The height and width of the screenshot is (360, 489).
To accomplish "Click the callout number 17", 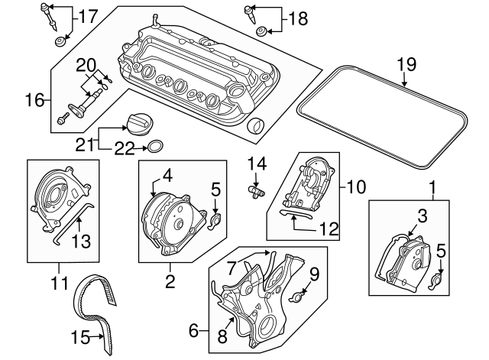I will tap(89, 15).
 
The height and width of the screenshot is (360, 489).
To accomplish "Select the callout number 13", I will tap(80, 241).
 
